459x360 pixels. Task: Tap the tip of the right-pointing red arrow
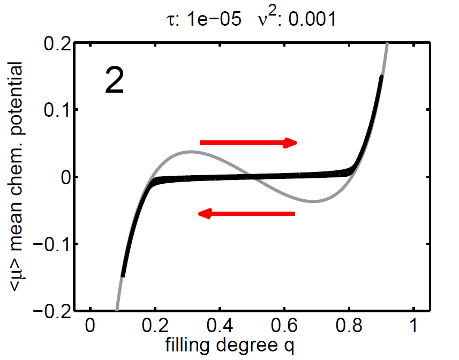(297, 142)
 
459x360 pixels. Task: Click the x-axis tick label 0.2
(155, 325)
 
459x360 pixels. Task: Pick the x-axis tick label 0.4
(220, 325)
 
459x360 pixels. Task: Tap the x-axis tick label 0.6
(284, 325)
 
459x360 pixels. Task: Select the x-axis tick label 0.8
(349, 325)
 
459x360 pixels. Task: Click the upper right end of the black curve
(381, 77)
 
